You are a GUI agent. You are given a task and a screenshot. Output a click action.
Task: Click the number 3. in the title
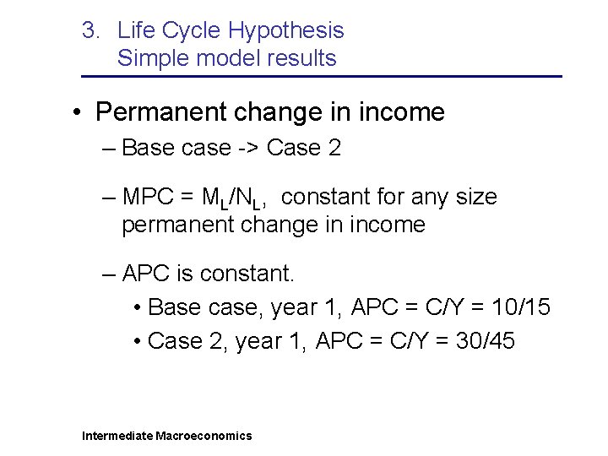pyautogui.click(x=91, y=31)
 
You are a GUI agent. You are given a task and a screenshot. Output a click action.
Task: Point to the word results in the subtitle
pyautogui.click(x=301, y=58)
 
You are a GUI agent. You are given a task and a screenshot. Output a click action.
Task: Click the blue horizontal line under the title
pyautogui.click(x=321, y=77)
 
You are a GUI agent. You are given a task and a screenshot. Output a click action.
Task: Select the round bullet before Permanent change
pyautogui.click(x=76, y=112)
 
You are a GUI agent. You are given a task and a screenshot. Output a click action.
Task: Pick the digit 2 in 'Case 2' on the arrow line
pyautogui.click(x=334, y=149)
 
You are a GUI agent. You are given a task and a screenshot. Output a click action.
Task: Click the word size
pyautogui.click(x=475, y=198)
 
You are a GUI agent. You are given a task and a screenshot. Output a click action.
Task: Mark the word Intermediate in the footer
pyautogui.click(x=117, y=436)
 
